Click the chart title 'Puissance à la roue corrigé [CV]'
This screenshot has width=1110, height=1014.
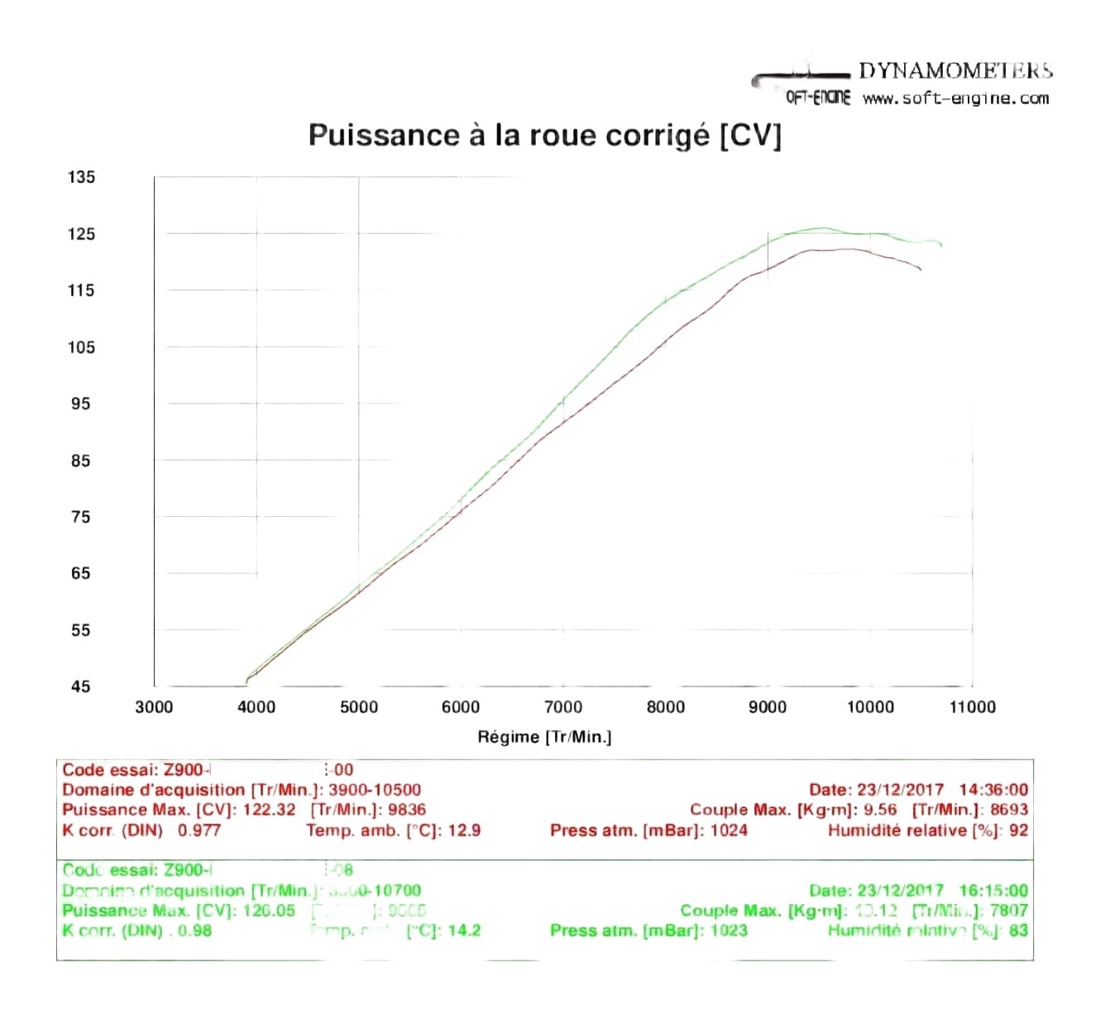pos(544,135)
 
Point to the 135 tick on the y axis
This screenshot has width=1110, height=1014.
pos(81,177)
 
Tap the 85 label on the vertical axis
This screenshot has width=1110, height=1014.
pos(80,461)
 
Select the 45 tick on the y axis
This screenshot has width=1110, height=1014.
pos(80,686)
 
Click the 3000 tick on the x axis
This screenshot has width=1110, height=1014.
pos(154,707)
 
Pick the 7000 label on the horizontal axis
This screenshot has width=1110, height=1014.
pos(563,707)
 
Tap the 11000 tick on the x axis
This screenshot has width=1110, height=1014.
pos(972,707)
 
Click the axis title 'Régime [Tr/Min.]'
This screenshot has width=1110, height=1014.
pos(544,737)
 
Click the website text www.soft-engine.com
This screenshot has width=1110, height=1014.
pos(955,98)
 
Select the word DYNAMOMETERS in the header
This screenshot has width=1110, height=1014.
pos(955,71)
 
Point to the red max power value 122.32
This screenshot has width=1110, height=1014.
pos(269,810)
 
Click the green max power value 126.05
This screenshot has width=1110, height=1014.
pos(269,911)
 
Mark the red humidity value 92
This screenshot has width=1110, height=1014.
pos(1018,830)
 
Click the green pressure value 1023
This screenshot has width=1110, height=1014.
pos(729,930)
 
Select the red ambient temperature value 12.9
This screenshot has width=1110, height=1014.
pos(464,830)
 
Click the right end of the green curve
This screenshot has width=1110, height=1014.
pos(941,245)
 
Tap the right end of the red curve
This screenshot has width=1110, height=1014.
pos(921,270)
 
